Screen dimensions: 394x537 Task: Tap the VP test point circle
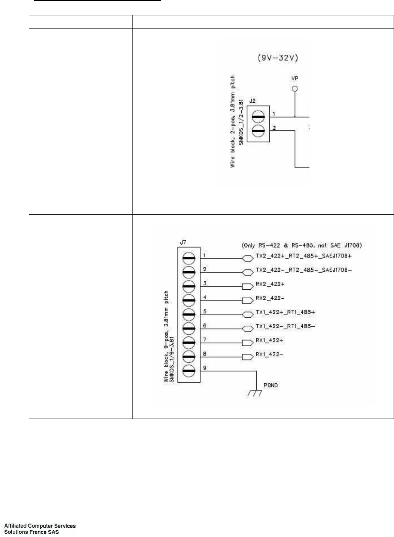pyautogui.click(x=295, y=89)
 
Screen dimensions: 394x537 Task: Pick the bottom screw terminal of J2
pyautogui.click(x=258, y=131)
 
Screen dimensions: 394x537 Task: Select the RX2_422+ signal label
pyautogui.click(x=270, y=284)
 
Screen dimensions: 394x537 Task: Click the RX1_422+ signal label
pyautogui.click(x=270, y=340)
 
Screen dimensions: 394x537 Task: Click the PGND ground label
pyautogui.click(x=270, y=385)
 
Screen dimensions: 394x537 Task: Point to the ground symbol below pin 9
pyautogui.click(x=256, y=392)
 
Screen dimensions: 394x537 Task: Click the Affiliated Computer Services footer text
pyautogui.click(x=40, y=526)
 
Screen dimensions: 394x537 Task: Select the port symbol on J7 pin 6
pyautogui.click(x=247, y=329)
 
